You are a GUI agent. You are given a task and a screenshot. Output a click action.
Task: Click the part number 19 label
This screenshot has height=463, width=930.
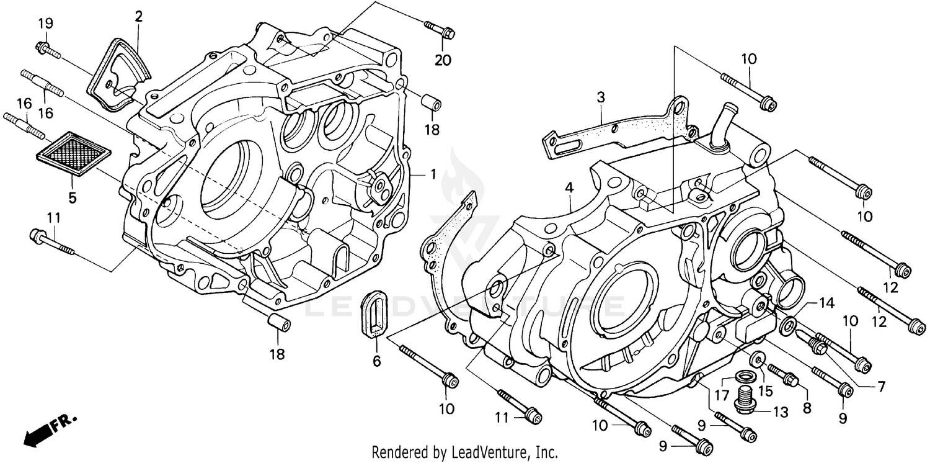tap(46, 24)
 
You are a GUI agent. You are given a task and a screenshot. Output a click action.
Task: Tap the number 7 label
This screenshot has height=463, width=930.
tap(880, 387)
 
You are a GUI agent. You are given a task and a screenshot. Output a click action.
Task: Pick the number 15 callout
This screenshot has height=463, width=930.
tap(765, 391)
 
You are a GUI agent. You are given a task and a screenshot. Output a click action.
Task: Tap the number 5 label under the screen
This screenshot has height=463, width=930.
tap(73, 198)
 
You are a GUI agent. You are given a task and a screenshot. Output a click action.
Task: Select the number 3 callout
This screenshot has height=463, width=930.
tap(600, 97)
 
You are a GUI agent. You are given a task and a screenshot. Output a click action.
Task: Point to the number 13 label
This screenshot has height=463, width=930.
tap(779, 411)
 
